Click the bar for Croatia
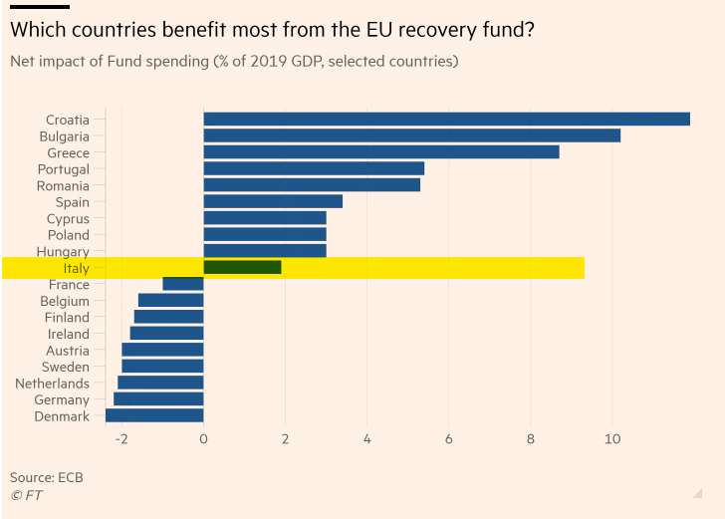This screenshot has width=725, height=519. click(446, 120)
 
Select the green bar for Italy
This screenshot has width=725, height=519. click(242, 267)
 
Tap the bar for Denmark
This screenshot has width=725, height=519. click(154, 416)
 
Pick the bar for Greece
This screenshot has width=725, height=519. click(380, 152)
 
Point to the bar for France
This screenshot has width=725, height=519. click(183, 284)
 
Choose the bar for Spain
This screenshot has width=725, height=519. click(273, 202)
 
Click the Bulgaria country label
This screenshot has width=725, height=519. click(64, 136)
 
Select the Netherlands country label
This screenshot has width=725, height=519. click(52, 384)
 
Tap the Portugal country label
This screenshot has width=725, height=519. click(64, 169)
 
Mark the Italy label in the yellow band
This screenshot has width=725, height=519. click(76, 268)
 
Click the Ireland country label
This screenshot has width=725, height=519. click(69, 334)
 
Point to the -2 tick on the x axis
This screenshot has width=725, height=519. click(121, 439)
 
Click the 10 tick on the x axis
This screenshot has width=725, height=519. click(612, 439)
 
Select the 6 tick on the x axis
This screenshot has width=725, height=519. click(449, 439)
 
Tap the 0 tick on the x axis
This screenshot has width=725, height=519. click(203, 439)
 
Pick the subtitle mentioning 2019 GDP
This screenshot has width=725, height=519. click(233, 62)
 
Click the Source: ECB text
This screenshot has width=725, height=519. click(46, 477)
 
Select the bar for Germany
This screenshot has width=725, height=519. click(158, 399)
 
